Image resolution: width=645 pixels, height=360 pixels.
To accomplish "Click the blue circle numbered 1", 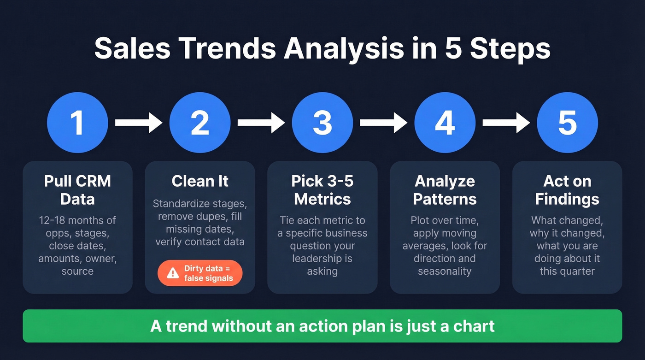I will click(x=77, y=123).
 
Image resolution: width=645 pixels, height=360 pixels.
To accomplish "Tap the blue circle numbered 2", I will click(x=200, y=123).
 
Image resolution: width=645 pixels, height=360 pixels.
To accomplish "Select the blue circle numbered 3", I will click(x=322, y=123).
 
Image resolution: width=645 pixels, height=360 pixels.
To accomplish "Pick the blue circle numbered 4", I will click(x=445, y=123).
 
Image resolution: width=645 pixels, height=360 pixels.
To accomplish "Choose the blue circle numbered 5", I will click(x=568, y=123).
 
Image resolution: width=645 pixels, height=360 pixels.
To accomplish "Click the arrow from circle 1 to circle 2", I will click(x=139, y=123).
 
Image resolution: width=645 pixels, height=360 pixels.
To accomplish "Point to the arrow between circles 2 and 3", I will click(x=261, y=123).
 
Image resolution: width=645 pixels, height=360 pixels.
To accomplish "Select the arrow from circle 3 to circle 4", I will click(x=384, y=123).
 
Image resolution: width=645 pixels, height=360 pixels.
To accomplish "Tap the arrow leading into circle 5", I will click(x=506, y=123).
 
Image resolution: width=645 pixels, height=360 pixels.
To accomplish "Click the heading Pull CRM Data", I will click(x=77, y=190).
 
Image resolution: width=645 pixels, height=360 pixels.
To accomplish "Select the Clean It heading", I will click(x=200, y=181).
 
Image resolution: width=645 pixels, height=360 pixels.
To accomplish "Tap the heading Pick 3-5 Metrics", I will click(x=322, y=190).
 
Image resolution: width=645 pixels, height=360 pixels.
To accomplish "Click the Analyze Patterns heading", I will click(x=445, y=190).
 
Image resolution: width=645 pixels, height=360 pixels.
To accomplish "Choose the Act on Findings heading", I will click(x=568, y=190).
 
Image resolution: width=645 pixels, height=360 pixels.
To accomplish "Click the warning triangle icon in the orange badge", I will click(x=173, y=273).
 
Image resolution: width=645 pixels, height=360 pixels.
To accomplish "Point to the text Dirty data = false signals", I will click(x=208, y=273).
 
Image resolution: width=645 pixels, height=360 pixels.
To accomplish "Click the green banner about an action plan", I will click(x=322, y=326).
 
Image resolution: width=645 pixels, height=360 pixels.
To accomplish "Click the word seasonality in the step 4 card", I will click(x=445, y=271).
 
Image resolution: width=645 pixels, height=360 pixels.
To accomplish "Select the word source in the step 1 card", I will click(x=77, y=271).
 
